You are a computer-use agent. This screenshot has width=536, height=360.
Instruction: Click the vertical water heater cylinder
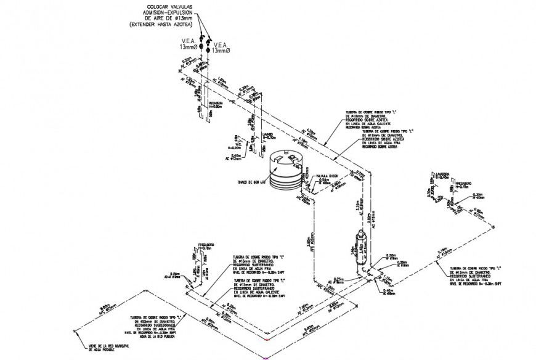[x=362, y=247]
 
